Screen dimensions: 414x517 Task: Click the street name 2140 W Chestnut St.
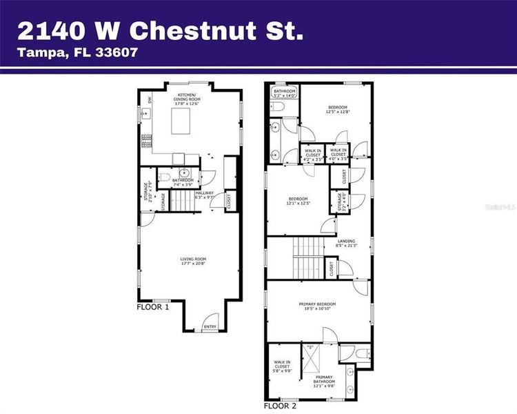(x=160, y=30)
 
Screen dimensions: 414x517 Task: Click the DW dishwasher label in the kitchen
(x=149, y=100)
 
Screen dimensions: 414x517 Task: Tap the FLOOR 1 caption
(x=152, y=306)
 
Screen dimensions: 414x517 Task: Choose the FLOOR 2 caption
(x=281, y=406)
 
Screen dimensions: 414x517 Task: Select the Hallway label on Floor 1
(x=205, y=195)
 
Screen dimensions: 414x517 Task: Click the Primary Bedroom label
(x=317, y=306)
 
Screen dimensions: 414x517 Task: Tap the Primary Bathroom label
(x=324, y=379)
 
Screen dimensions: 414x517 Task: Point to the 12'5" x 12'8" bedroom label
(x=338, y=110)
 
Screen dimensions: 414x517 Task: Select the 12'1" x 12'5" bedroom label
(x=298, y=201)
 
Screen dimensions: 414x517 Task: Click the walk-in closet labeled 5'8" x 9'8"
(x=282, y=366)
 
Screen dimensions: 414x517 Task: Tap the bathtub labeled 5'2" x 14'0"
(x=284, y=93)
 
